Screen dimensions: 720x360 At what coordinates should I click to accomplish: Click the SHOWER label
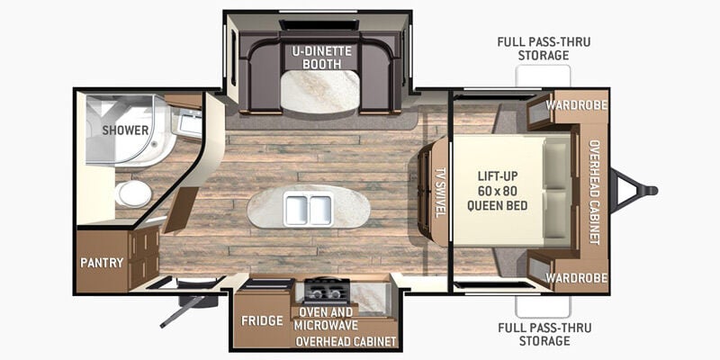[125, 130]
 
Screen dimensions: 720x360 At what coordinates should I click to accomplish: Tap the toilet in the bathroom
[132, 193]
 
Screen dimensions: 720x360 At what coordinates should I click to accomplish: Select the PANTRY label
[102, 263]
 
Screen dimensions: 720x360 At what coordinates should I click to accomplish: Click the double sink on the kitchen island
[308, 209]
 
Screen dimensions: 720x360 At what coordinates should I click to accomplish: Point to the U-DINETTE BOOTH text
[322, 58]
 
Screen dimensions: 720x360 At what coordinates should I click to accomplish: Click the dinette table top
[320, 92]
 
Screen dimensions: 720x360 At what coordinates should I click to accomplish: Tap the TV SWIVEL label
[440, 193]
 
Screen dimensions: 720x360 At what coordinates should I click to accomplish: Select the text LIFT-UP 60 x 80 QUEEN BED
[498, 191]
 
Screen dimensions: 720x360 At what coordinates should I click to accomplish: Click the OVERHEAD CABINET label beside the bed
[595, 192]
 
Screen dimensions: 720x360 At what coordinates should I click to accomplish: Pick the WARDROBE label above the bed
[577, 105]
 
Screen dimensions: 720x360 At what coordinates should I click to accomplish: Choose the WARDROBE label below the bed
[577, 278]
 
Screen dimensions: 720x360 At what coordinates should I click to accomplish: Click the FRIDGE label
[262, 320]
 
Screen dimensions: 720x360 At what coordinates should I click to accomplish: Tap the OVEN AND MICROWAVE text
[326, 319]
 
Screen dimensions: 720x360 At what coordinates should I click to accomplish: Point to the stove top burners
[327, 291]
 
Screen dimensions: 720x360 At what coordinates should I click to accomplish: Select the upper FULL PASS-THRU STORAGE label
[544, 49]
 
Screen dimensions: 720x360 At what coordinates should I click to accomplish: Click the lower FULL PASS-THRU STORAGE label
[544, 334]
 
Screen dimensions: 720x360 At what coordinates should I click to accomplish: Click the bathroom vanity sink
[187, 121]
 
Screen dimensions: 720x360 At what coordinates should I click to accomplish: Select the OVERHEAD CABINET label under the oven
[346, 342]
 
